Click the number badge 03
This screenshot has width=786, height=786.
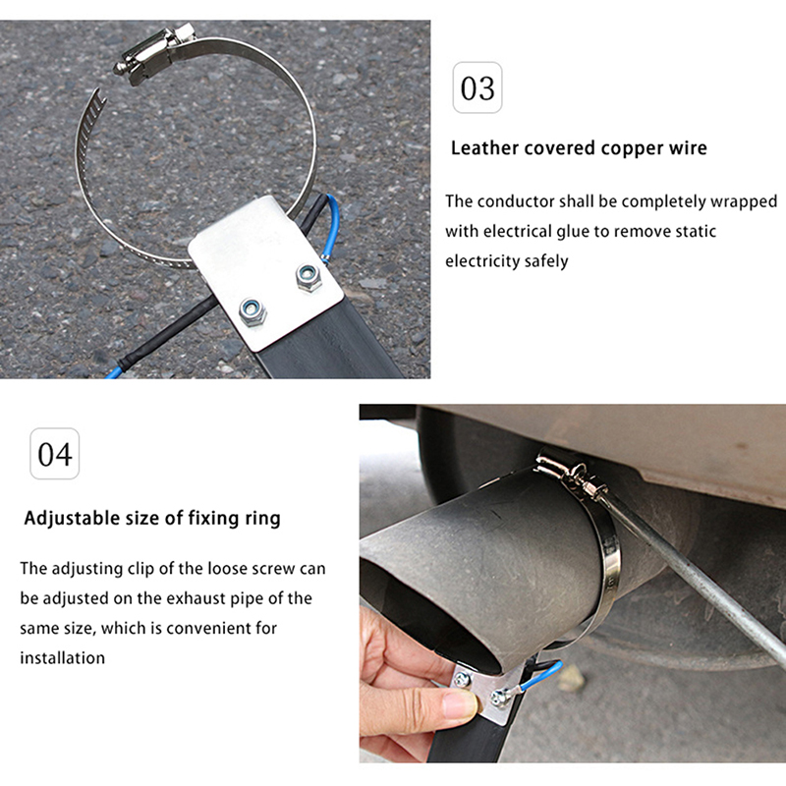[x=477, y=87]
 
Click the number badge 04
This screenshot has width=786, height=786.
[x=55, y=454]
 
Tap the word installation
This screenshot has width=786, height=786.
[x=63, y=657]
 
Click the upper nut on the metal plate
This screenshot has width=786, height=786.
[x=309, y=278]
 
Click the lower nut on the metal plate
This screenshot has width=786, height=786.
[x=253, y=312]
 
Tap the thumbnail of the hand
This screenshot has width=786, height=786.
[x=459, y=705]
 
